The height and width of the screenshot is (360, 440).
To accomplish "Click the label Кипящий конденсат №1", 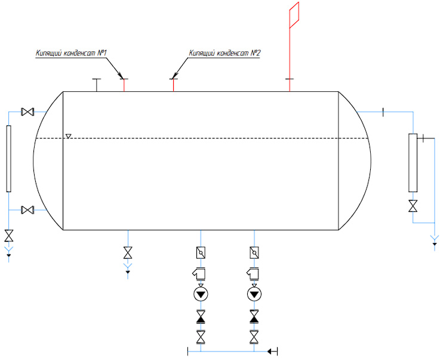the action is click(x=71, y=53).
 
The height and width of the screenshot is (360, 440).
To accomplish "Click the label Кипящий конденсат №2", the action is click(x=224, y=53).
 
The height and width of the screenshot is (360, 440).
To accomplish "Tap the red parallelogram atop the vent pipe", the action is click(x=294, y=15).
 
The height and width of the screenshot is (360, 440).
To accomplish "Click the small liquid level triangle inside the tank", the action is click(x=69, y=136).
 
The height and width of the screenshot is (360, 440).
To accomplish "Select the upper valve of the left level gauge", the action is click(x=27, y=112).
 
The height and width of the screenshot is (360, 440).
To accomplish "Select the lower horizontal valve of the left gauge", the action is click(x=27, y=210).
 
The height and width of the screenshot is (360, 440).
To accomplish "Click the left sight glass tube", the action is click(x=9, y=159).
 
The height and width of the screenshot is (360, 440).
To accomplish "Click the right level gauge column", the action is click(x=413, y=163).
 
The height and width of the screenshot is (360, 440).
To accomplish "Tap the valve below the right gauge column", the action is click(x=413, y=206).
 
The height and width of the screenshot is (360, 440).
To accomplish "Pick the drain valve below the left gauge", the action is click(x=9, y=236).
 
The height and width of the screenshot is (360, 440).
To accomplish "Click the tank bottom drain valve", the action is click(x=128, y=253).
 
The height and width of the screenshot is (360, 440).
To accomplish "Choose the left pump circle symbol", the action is click(x=201, y=294).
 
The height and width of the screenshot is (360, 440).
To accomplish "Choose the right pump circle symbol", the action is click(x=254, y=294).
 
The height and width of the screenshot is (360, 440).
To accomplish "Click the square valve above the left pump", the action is click(x=201, y=253).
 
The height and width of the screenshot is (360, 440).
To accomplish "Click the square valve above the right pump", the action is click(x=254, y=253).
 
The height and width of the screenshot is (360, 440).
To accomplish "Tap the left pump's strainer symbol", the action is click(x=199, y=273).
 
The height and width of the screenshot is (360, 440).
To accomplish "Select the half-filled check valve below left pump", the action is click(x=201, y=316).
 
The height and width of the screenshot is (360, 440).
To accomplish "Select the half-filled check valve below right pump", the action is click(x=254, y=316).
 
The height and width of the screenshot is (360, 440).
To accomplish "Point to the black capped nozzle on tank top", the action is click(x=97, y=85).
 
